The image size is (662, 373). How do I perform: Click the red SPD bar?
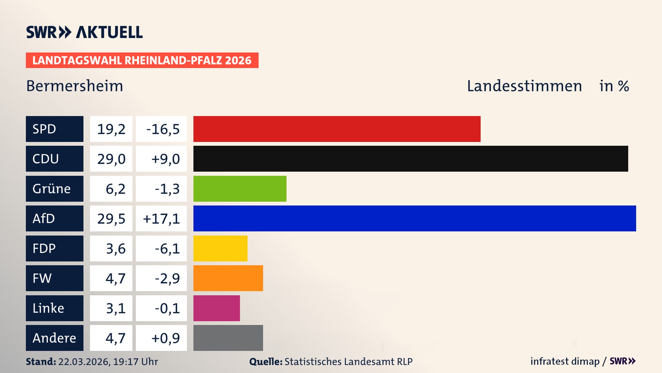point(337,129)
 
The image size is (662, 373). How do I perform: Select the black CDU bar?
point(410,159)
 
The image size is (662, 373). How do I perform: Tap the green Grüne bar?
point(240,189)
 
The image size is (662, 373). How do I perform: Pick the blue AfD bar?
point(414,218)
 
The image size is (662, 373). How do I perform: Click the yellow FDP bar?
point(220,248)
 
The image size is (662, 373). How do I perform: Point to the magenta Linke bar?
point(217,308)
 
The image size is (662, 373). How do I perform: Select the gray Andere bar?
point(228,338)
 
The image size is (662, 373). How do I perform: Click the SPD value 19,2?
point(111,129)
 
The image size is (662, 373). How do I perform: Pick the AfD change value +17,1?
point(161,219)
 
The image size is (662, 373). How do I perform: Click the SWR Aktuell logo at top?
point(84,32)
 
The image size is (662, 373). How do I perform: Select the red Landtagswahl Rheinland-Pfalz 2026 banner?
point(142,60)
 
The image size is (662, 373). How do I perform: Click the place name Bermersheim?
point(74,86)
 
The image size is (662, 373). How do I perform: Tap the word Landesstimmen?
point(524,86)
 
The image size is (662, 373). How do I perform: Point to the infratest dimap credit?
point(565,361)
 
